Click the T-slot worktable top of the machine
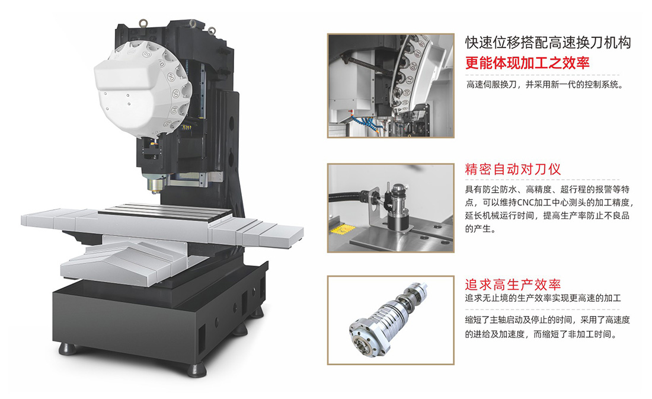pos(165,213)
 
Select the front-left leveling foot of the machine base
pos(68,348)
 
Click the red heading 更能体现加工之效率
pos(528,63)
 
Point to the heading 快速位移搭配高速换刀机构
pos(548,43)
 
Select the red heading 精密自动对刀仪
pos(513,170)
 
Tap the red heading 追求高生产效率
pos(513,285)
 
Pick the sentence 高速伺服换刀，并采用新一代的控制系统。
pos(545,85)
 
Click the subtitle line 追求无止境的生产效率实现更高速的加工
pos(543,298)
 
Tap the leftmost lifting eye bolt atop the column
pos(144,23)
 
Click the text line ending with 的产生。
pos(481,229)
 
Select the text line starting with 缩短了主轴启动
pos(548,320)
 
